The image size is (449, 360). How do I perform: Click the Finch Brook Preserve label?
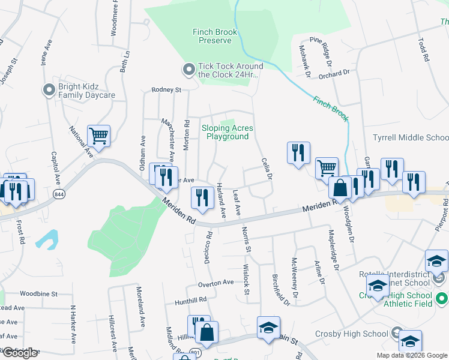[x=214, y=36]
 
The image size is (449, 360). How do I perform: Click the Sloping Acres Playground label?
[x=227, y=132]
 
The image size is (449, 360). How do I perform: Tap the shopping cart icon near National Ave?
[x=98, y=136]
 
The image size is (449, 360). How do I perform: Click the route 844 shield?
[x=59, y=194]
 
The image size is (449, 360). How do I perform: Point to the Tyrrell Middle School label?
[x=411, y=137]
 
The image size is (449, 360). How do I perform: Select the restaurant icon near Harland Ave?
[x=202, y=197]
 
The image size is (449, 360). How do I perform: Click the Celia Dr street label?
[x=268, y=169]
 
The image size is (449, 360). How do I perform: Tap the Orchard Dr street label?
[x=334, y=74]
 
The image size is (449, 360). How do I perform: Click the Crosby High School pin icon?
[x=397, y=332]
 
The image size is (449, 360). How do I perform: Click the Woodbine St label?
[x=38, y=294]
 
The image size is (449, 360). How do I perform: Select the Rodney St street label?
[x=166, y=89]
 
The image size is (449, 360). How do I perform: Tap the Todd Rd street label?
[x=425, y=51]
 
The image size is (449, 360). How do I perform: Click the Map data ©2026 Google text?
[x=411, y=355]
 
